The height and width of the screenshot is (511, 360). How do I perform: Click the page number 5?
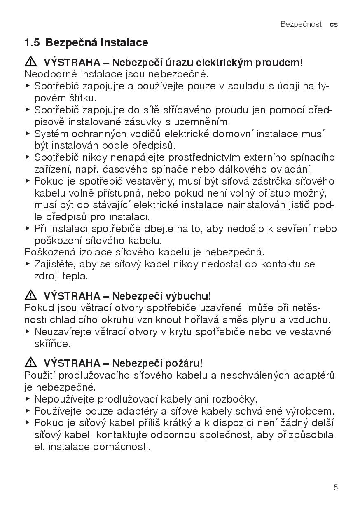(336, 488)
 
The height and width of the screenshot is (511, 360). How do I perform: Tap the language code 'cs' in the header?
(334, 24)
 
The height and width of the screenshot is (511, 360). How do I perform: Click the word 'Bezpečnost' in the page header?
(301, 24)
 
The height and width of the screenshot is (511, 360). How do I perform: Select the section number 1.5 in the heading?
(32, 42)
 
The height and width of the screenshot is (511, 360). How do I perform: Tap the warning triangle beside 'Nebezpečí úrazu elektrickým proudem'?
(30, 62)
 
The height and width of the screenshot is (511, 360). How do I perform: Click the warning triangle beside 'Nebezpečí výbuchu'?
(30, 295)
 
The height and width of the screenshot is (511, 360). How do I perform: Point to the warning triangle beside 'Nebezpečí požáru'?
(30, 363)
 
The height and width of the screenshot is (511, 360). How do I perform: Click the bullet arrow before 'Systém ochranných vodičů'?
(28, 134)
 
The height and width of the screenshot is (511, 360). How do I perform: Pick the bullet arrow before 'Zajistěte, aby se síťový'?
(28, 264)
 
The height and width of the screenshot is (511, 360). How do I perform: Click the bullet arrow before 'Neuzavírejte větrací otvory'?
(28, 331)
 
